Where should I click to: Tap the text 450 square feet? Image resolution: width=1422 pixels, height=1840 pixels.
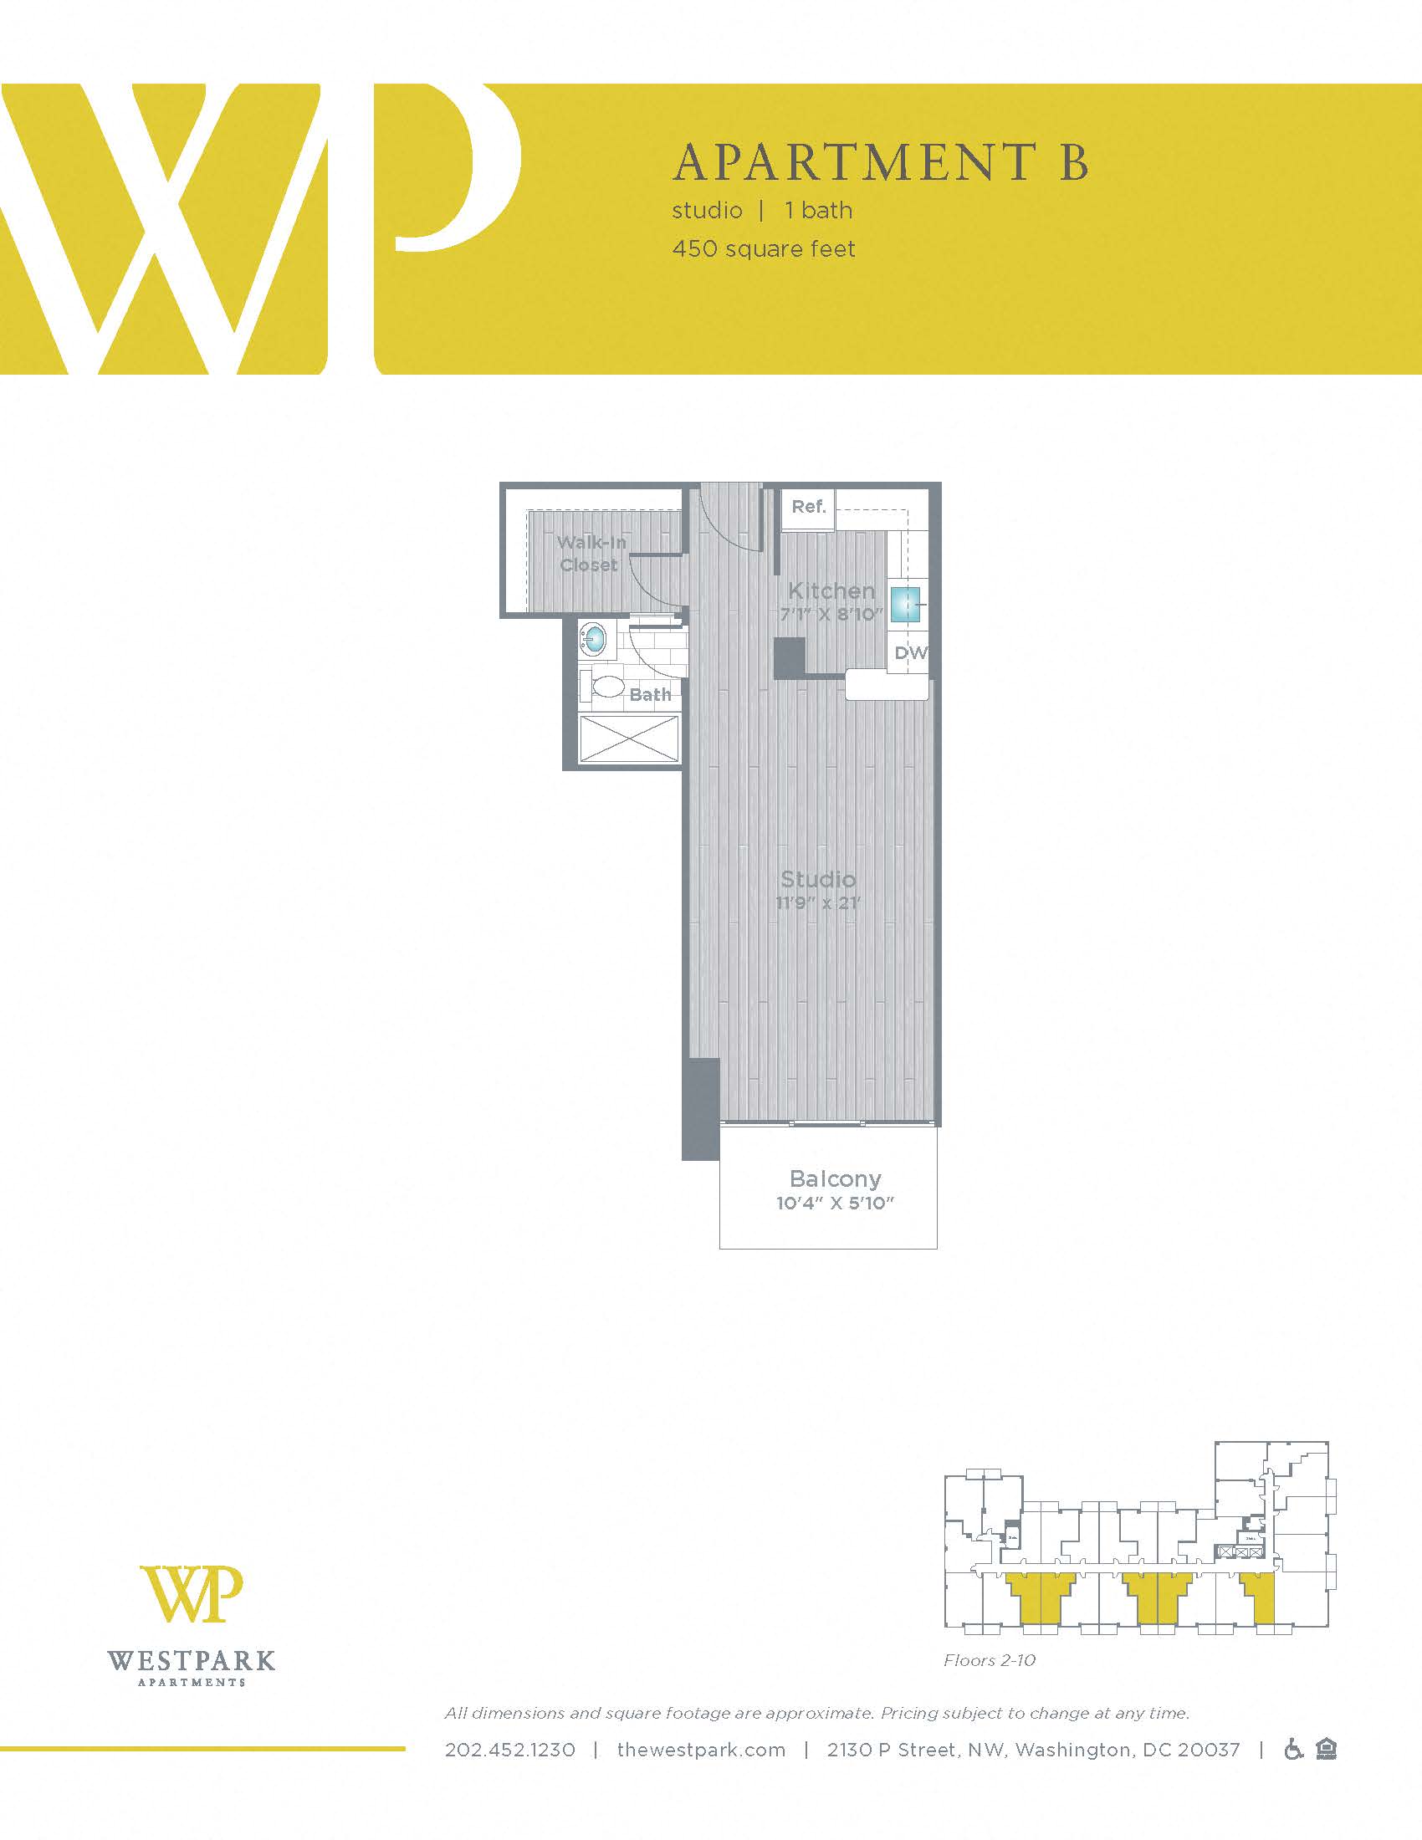763,249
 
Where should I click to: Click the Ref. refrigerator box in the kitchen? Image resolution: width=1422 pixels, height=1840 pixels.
808,507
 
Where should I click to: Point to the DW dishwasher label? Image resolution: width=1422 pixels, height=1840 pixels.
910,653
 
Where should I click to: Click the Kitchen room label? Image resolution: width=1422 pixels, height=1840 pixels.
831,590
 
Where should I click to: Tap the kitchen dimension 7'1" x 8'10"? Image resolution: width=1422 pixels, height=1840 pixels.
831,614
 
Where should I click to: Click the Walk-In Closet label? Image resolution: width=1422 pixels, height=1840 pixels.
591,554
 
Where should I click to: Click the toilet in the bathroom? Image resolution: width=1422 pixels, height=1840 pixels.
603,685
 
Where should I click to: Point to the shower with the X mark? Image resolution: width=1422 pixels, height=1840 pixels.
629,739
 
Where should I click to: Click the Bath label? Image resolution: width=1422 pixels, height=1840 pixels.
650,694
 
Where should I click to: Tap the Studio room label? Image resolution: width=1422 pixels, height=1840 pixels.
818,880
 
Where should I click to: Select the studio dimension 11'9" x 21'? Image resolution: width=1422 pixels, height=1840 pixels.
818,904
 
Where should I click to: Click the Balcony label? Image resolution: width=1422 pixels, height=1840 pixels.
835,1178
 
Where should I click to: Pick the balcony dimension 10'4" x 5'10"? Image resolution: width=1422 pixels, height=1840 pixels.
834,1203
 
